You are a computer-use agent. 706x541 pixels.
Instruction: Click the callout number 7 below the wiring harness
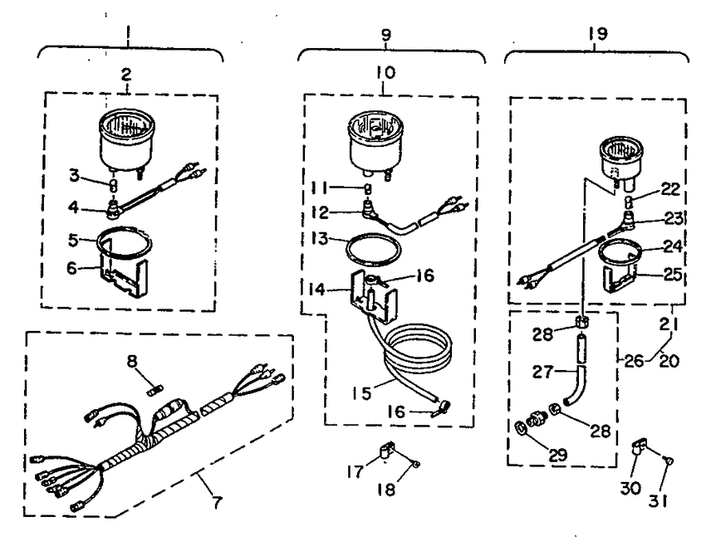click(218, 501)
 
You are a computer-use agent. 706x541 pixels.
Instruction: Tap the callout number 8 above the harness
click(132, 361)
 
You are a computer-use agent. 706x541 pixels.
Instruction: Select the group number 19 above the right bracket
click(598, 34)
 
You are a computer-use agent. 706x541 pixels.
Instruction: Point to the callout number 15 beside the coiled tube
click(362, 393)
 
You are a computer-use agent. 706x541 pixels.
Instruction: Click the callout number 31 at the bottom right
click(659, 501)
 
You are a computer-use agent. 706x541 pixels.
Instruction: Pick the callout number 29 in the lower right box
click(557, 455)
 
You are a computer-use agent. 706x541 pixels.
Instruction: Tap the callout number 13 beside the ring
click(319, 239)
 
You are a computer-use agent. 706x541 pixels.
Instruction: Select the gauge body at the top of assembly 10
click(376, 143)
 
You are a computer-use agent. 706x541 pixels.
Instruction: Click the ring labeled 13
click(372, 250)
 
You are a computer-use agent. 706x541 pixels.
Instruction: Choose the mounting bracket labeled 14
click(374, 296)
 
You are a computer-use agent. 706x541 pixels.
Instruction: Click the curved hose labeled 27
click(576, 384)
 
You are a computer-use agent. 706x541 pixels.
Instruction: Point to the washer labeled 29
click(519, 426)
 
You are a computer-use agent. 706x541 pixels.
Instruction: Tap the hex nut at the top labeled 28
click(581, 323)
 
